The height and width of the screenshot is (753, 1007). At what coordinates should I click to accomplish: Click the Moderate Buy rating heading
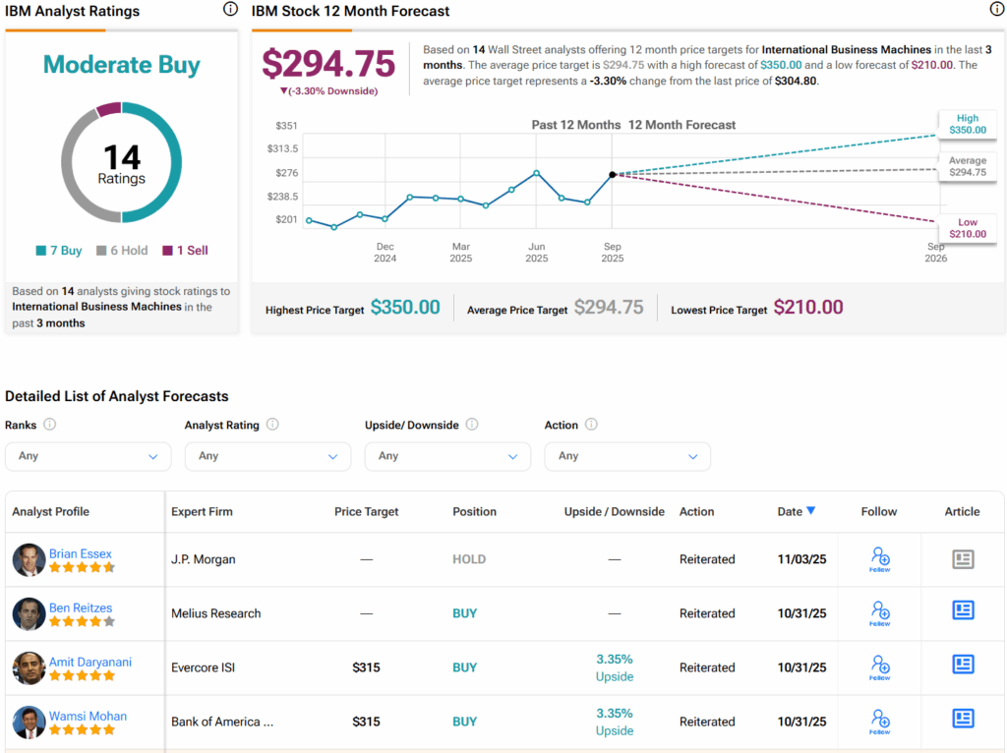click(122, 65)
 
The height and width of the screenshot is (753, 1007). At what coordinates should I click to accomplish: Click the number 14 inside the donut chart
click(122, 157)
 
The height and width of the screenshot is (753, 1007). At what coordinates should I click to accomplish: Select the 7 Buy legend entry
click(59, 251)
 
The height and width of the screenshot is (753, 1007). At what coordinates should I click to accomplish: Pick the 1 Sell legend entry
click(186, 251)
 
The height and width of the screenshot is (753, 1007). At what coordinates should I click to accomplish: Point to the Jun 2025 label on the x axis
click(537, 253)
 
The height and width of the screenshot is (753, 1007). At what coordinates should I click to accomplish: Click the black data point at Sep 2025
click(613, 174)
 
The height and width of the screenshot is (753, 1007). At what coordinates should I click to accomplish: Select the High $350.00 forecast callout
click(968, 124)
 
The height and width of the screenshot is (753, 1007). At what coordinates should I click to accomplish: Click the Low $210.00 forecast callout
click(968, 228)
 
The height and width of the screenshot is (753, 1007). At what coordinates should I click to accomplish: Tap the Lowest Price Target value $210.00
click(808, 307)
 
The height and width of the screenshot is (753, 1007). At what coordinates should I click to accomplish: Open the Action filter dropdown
click(627, 456)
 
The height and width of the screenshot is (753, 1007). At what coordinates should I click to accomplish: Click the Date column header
click(796, 511)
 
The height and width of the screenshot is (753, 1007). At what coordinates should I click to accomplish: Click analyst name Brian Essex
click(81, 553)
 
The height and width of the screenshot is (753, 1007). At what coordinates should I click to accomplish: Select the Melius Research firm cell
click(216, 613)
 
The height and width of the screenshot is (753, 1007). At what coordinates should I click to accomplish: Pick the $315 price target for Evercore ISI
click(366, 667)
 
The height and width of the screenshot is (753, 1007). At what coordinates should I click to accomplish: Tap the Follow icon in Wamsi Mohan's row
click(879, 722)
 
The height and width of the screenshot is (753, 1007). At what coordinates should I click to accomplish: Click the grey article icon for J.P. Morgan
click(963, 559)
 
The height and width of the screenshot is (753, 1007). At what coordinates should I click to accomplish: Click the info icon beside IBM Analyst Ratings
click(230, 10)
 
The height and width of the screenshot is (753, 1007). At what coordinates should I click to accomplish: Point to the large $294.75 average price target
click(328, 63)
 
